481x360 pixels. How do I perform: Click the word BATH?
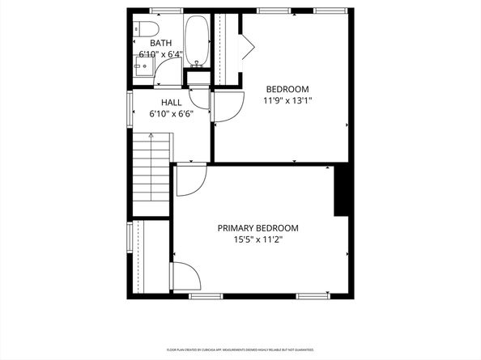(160, 44)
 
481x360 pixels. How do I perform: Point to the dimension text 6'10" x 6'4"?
(160, 55)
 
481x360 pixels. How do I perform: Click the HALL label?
(171, 103)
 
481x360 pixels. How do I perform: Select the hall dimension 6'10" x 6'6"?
(171, 114)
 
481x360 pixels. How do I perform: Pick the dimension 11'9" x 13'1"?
(287, 101)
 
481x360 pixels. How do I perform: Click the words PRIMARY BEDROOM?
(258, 228)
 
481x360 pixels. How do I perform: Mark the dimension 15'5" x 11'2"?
(258, 239)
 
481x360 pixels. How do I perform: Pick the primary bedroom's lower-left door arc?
(186, 277)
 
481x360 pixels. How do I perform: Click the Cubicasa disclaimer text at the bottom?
(240, 349)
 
